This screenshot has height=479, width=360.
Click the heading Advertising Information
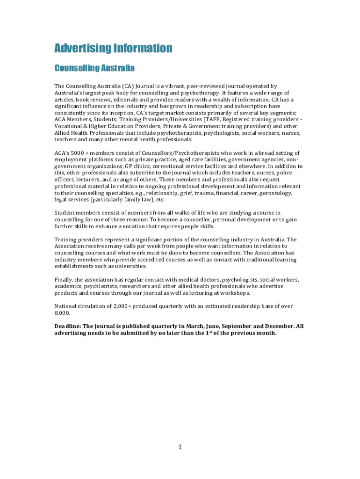[x=113, y=48]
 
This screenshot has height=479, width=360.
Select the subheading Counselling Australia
[x=94, y=69]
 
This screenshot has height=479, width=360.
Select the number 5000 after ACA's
[x=78, y=153]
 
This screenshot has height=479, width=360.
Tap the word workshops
[x=235, y=293]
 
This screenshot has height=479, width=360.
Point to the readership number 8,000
[x=62, y=313]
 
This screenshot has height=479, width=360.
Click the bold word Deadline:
[x=68, y=326]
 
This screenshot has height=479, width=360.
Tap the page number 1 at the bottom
[x=180, y=447]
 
